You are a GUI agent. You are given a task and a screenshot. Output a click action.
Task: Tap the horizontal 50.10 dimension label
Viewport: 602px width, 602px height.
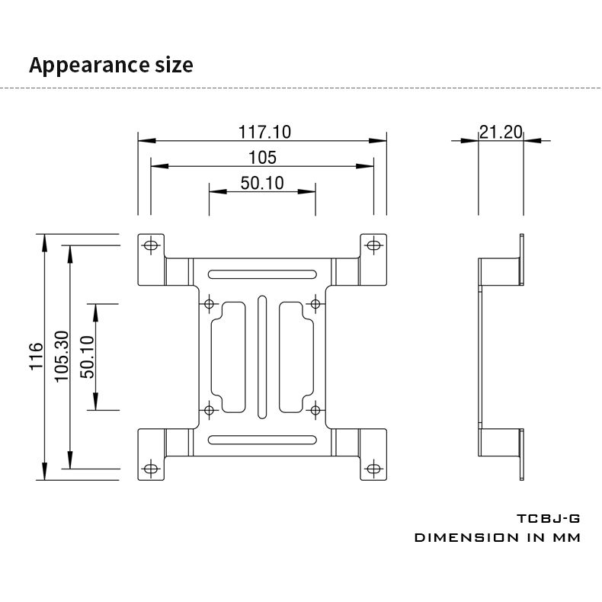[262, 183]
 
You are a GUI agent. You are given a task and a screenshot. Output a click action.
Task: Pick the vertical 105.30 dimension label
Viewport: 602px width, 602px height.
[62, 357]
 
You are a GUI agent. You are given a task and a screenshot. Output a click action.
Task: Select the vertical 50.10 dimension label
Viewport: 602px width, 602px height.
[87, 357]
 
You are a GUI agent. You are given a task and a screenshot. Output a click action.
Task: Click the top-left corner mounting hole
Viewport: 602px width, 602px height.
[151, 245]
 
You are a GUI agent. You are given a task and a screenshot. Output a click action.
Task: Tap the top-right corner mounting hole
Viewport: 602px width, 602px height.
[373, 245]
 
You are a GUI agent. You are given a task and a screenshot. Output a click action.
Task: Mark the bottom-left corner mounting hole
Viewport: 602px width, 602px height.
[151, 469]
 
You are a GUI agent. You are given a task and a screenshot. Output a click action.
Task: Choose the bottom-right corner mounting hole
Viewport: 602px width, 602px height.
[373, 469]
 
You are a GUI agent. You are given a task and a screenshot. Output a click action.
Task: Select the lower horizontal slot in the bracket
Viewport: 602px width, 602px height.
[262, 440]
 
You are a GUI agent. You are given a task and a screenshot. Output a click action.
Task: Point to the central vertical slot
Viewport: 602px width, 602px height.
[262, 357]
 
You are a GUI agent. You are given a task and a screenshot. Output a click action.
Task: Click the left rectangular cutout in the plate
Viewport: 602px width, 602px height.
[227, 357]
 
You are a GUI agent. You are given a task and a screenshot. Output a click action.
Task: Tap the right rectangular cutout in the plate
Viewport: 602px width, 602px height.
[296, 357]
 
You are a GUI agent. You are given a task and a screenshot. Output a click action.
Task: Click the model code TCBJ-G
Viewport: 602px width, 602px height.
[549, 519]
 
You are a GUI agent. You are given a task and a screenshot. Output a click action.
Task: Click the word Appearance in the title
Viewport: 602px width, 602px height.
[83, 65]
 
